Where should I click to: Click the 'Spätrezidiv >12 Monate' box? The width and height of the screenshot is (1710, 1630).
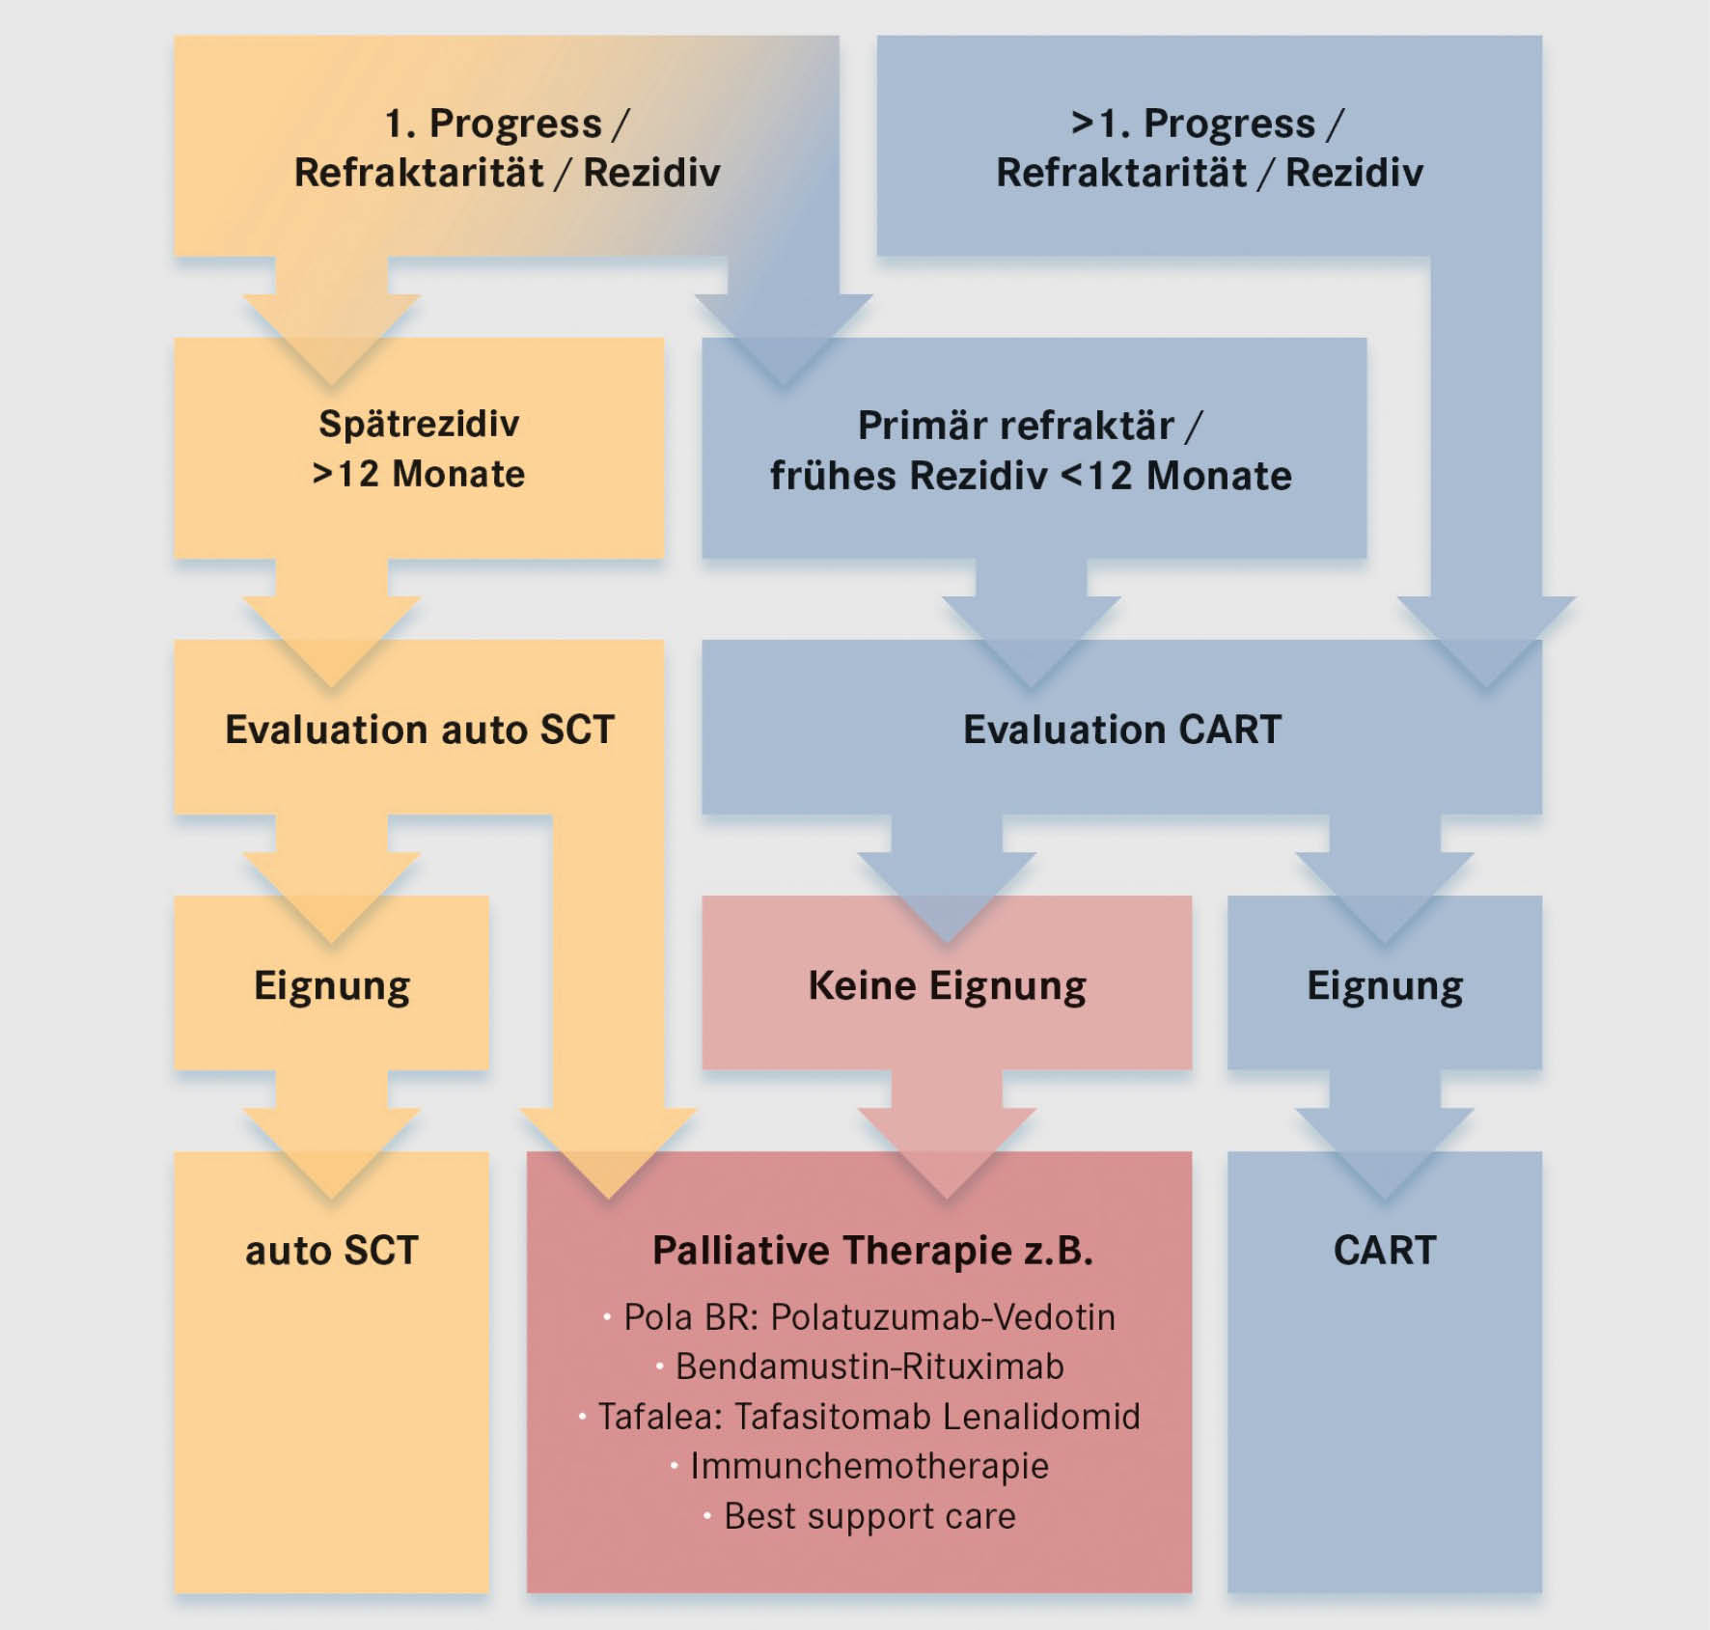(419, 449)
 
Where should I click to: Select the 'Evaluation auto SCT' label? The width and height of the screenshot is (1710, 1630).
(419, 730)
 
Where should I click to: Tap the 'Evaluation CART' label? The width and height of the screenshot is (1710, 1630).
(1121, 730)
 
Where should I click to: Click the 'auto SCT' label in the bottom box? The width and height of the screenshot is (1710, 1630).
(331, 1251)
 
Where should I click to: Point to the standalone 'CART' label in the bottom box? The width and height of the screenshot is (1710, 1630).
(1384, 1251)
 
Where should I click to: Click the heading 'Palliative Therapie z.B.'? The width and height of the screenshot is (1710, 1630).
(872, 1251)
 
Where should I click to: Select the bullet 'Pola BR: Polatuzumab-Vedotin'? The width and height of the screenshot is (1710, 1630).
(869, 1317)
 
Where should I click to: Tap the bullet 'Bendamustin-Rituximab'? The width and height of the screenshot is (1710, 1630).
(869, 1367)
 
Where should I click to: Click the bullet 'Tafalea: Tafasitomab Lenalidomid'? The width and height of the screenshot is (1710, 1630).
(869, 1417)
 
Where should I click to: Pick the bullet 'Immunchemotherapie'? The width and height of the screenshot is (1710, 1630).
(869, 1466)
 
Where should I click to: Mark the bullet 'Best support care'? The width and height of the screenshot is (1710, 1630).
(869, 1516)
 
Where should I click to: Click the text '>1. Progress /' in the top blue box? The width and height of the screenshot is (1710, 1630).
(1207, 124)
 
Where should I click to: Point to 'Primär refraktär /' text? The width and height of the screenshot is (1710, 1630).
(1030, 426)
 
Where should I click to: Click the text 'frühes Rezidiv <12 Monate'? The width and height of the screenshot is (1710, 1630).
(1030, 476)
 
